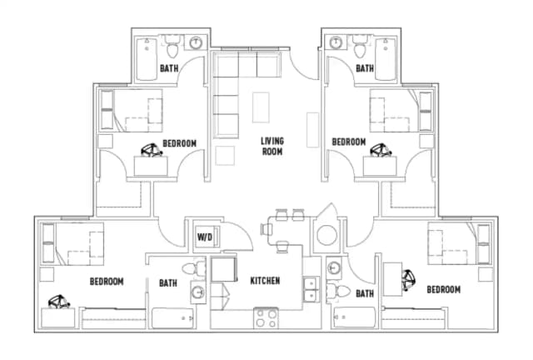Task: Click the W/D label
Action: [x=205, y=237]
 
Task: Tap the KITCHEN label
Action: [x=265, y=281]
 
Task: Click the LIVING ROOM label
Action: [x=272, y=146]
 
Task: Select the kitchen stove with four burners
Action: [x=266, y=318]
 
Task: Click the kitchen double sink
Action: [x=311, y=289]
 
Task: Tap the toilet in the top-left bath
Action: [x=173, y=47]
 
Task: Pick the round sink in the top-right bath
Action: [x=336, y=42]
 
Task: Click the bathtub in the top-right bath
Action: [x=386, y=59]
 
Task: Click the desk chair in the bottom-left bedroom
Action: [x=59, y=302]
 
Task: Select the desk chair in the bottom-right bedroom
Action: [x=408, y=280]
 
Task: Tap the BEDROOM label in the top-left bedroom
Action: [x=180, y=143]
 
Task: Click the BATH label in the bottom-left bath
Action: [x=168, y=282]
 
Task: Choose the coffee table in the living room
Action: [x=261, y=107]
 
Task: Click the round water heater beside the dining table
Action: [x=327, y=235]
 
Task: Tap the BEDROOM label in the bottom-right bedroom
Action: [x=444, y=289]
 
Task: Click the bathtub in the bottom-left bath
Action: [x=172, y=318]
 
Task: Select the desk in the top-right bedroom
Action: [x=380, y=166]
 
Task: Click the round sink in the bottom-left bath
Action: [x=198, y=292]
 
